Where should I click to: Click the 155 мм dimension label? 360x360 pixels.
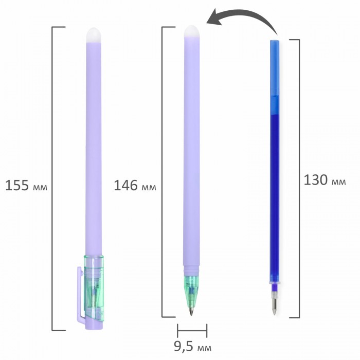coord(26,185)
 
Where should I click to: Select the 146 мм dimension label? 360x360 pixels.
coord(135,185)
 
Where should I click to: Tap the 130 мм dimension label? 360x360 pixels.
coord(325,180)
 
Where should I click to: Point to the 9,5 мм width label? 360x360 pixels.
coord(192,347)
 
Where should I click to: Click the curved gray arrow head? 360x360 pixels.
coord(214,17)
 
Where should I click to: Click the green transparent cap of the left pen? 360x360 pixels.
coord(94,287)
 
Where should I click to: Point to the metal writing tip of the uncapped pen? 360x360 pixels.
coord(191,311)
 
